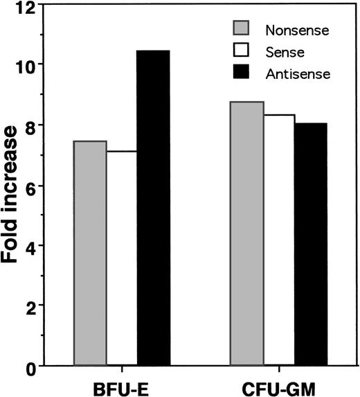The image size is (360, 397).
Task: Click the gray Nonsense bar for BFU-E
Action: click(90, 253)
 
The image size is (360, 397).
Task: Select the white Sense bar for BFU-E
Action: click(122, 258)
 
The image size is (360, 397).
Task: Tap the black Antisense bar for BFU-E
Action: click(153, 208)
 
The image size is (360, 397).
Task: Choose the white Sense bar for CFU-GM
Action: click(278, 240)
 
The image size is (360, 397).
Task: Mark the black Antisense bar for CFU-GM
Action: click(310, 244)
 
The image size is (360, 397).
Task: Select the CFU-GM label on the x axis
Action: click(278, 385)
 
